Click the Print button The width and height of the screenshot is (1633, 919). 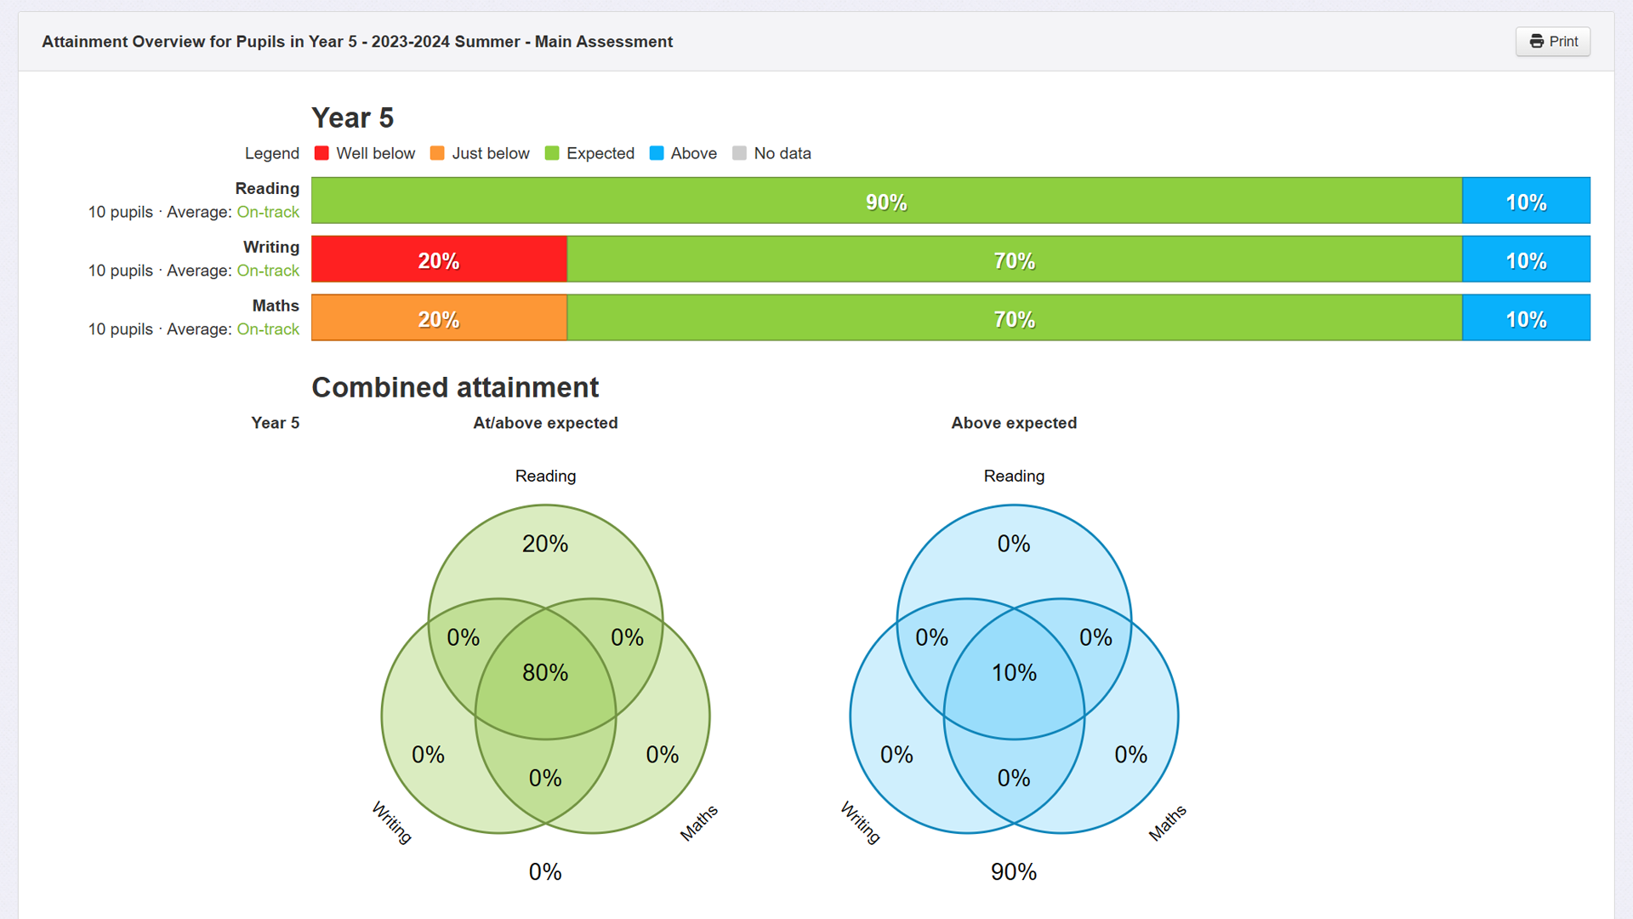coord(1552,42)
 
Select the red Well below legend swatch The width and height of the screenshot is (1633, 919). coord(321,153)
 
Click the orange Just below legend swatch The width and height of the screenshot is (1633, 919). coord(437,153)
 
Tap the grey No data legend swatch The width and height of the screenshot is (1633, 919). coord(739,153)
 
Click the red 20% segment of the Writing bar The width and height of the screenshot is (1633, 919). coord(439,259)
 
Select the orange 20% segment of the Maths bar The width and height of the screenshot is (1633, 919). coord(439,317)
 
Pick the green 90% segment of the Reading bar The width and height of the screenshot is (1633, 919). coord(886,200)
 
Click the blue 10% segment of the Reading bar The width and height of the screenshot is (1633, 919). coord(1526,200)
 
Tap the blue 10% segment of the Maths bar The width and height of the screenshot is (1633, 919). coord(1526,317)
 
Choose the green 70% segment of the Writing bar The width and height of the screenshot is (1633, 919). coord(1015,259)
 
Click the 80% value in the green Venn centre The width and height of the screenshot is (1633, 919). coord(545,672)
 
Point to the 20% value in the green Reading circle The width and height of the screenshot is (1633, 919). coord(545,544)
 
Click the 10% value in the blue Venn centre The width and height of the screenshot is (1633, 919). coord(1014,672)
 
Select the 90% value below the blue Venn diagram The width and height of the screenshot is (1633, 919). coord(1014,871)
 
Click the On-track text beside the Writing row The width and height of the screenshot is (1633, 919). coord(268,271)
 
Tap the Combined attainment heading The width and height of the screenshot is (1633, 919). coord(455,387)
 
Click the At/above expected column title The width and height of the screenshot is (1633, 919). coord(545,423)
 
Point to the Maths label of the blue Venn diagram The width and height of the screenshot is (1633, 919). coord(1167,823)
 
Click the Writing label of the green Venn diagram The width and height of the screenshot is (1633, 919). coord(392,823)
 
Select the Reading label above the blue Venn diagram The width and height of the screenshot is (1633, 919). coord(1014,476)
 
